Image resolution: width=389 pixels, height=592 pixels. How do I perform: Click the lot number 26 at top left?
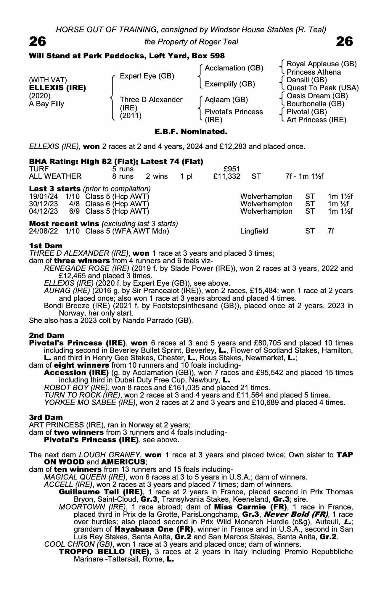click(38, 42)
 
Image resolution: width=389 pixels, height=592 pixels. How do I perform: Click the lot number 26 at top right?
click(345, 42)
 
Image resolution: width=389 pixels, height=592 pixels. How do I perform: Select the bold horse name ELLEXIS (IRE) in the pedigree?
click(57, 88)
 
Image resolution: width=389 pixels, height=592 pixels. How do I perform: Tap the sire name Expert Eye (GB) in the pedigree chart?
click(147, 76)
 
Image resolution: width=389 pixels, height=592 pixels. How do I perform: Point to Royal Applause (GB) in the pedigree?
click(322, 64)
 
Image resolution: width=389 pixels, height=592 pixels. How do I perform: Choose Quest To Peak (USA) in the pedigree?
click(322, 88)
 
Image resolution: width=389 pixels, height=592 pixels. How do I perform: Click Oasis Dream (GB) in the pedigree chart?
click(317, 96)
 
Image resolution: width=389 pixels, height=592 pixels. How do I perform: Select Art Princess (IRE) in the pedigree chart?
click(316, 120)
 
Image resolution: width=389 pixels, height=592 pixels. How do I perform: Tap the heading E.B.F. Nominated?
click(191, 132)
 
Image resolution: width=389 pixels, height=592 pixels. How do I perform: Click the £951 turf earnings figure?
click(232, 169)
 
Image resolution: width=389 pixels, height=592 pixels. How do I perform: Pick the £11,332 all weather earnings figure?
click(227, 177)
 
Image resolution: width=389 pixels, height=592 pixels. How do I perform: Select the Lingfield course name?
click(254, 231)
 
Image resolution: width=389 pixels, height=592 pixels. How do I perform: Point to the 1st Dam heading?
click(46, 246)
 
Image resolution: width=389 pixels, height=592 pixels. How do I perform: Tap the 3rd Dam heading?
click(46, 418)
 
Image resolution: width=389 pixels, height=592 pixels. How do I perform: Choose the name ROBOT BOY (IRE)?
click(76, 388)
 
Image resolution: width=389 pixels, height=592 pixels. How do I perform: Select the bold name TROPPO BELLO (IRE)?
click(104, 552)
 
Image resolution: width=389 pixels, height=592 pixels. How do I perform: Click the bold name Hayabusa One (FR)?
click(154, 529)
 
